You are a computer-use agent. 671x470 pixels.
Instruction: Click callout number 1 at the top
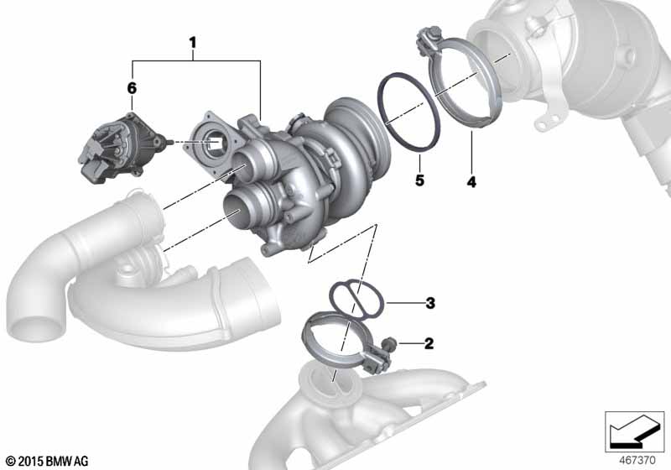coord(193,43)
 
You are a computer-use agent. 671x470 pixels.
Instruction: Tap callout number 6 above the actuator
coord(132,88)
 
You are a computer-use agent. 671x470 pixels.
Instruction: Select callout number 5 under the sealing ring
coord(420,180)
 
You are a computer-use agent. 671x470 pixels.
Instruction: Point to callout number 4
coord(471,182)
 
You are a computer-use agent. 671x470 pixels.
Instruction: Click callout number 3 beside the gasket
coord(430,303)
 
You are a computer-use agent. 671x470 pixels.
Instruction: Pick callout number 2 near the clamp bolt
coord(429,343)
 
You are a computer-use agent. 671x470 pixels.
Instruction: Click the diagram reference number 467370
coord(637,461)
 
